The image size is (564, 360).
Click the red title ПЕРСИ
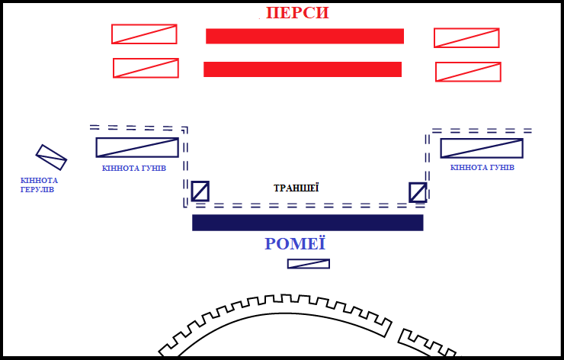pyautogui.click(x=297, y=13)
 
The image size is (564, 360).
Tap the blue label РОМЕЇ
pyautogui.click(x=295, y=244)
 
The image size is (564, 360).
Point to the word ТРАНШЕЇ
pyautogui.click(x=296, y=188)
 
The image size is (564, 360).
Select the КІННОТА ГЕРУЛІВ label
pyautogui.click(x=39, y=185)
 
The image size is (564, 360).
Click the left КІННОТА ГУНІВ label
pyautogui.click(x=133, y=168)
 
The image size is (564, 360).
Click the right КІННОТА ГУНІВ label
pyautogui.click(x=482, y=168)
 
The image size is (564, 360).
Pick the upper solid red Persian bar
pyautogui.click(x=304, y=36)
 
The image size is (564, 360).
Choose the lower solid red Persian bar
pyautogui.click(x=303, y=69)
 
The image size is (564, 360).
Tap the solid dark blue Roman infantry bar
pyautogui.click(x=307, y=222)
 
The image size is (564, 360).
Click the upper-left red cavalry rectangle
pyautogui.click(x=144, y=34)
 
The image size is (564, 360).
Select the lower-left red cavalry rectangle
pyautogui.click(x=146, y=68)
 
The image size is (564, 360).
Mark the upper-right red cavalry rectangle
pyautogui.click(x=466, y=37)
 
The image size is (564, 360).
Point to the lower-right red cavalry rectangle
pyautogui.click(x=468, y=72)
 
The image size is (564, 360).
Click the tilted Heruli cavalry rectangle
pyautogui.click(x=52, y=157)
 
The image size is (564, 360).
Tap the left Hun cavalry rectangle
pyautogui.click(x=137, y=147)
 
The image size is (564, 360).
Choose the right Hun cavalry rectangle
pyautogui.click(x=482, y=148)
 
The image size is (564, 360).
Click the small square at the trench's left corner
pyautogui.click(x=200, y=191)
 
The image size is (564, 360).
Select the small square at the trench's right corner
pyautogui.click(x=418, y=192)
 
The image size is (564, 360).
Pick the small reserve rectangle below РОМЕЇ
pyautogui.click(x=309, y=264)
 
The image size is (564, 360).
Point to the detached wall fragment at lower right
pyautogui.click(x=427, y=344)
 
